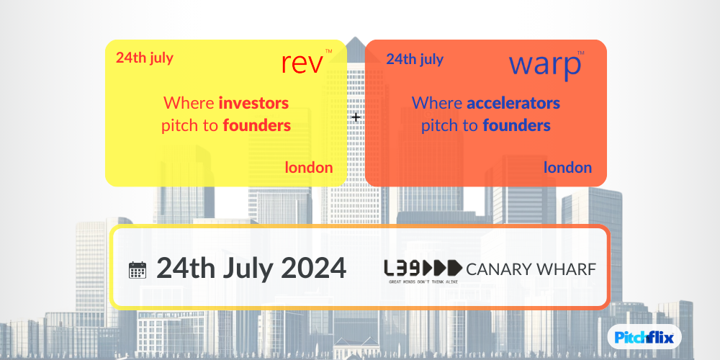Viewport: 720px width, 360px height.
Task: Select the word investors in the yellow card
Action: tap(253, 102)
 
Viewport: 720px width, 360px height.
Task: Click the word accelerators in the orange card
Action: tap(513, 102)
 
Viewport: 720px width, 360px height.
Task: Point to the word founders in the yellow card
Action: tap(257, 125)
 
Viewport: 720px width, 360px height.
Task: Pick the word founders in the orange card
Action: tap(516, 125)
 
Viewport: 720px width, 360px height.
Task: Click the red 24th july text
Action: tap(144, 58)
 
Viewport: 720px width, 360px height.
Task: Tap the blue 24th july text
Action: tap(415, 59)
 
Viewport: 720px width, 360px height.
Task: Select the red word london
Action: tap(309, 168)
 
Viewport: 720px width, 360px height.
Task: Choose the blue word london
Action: tap(567, 168)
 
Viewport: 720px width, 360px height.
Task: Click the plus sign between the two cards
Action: tap(356, 117)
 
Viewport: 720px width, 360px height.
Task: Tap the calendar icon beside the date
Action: tap(138, 269)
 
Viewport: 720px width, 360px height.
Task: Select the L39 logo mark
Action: tap(423, 268)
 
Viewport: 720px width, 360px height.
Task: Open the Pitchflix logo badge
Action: tap(644, 338)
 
